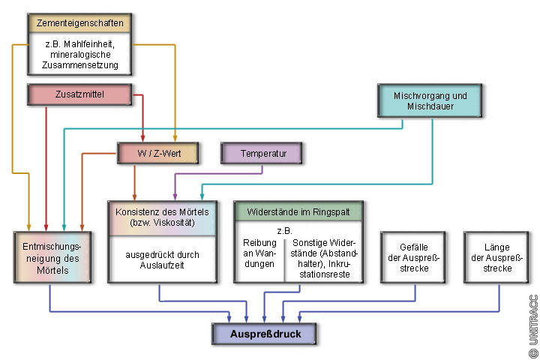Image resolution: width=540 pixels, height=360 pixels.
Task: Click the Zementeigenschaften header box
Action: pos(80,23)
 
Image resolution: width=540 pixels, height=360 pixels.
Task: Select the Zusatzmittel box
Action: pos(80,94)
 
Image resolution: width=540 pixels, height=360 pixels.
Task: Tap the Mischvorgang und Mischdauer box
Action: pos(430,101)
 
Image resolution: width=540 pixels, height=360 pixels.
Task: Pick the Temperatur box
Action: pos(264,154)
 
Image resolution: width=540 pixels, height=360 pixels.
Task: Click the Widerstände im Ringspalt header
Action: pos(298,211)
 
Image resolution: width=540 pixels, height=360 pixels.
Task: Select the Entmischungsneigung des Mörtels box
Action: pos(53,257)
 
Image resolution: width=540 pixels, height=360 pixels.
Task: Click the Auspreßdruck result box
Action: pos(264,333)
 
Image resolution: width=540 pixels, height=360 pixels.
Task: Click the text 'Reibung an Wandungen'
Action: pos(259,253)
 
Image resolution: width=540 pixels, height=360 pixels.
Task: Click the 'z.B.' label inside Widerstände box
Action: pos(284,229)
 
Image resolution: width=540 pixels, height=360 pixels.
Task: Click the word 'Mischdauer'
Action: pos(430,107)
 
